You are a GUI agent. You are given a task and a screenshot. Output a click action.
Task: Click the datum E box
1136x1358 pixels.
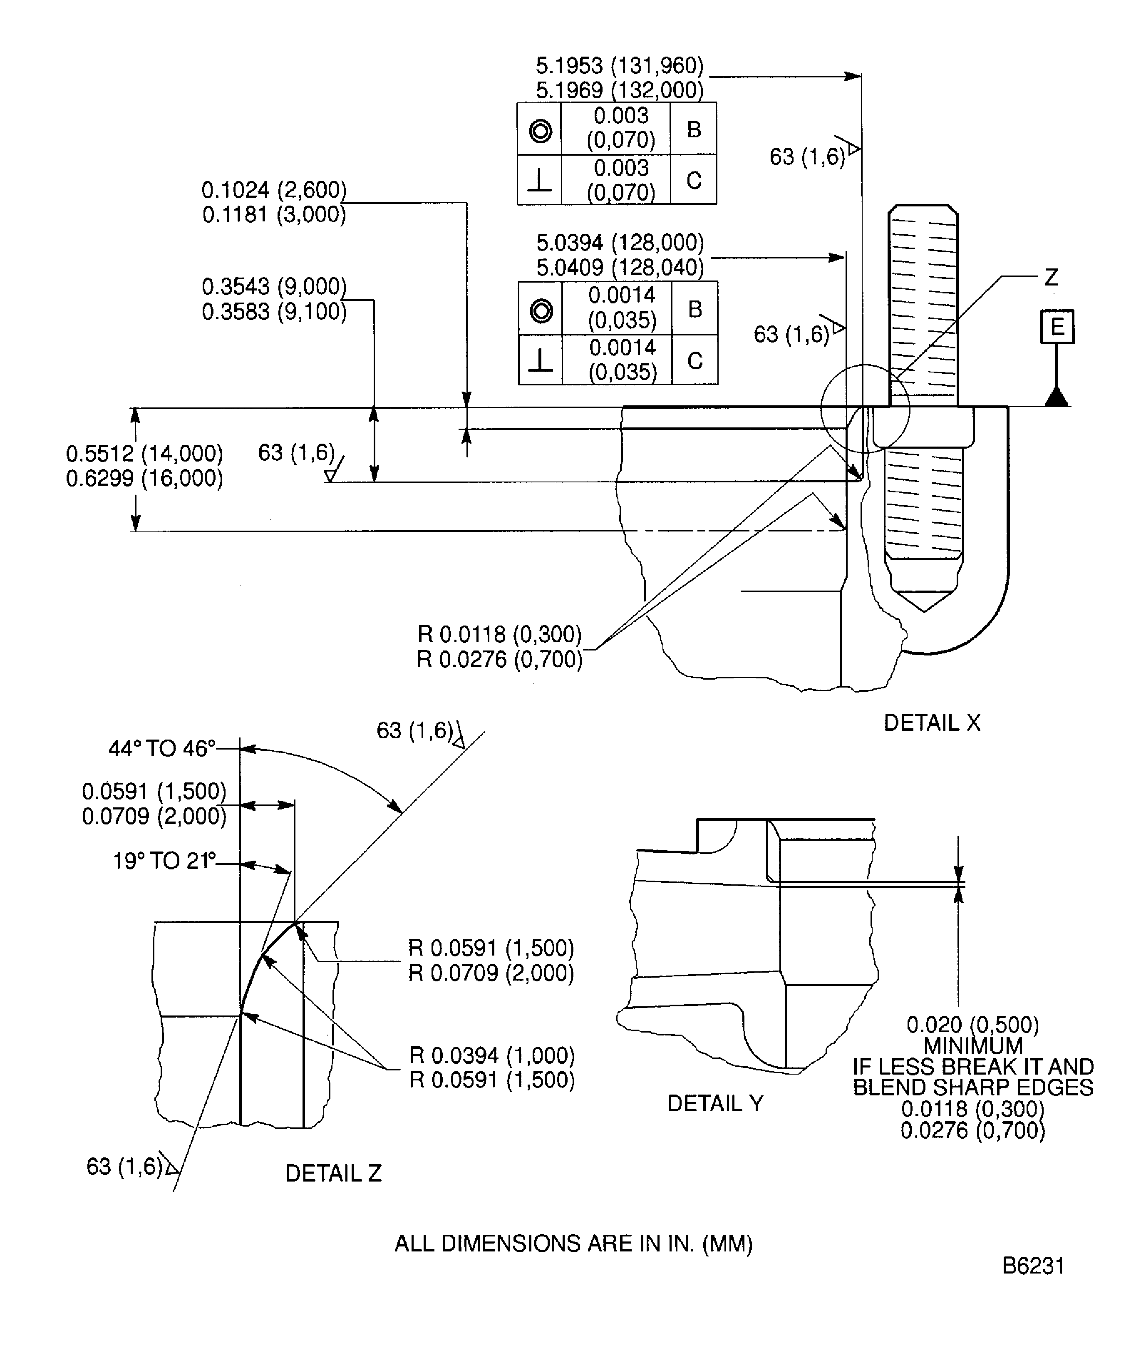[x=1057, y=327]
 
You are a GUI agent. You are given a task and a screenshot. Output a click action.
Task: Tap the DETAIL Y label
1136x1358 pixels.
[x=714, y=1103]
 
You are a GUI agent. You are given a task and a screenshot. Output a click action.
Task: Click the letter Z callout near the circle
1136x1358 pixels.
[x=1051, y=278]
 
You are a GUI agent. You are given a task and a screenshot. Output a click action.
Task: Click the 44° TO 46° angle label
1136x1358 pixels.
[x=161, y=748]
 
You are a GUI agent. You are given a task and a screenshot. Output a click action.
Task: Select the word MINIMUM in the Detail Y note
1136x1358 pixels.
[x=972, y=1046]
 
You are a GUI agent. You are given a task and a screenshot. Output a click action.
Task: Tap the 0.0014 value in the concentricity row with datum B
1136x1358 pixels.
[x=621, y=295]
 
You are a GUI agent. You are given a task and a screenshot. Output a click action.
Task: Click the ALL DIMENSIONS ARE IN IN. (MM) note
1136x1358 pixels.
[x=573, y=1244]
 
